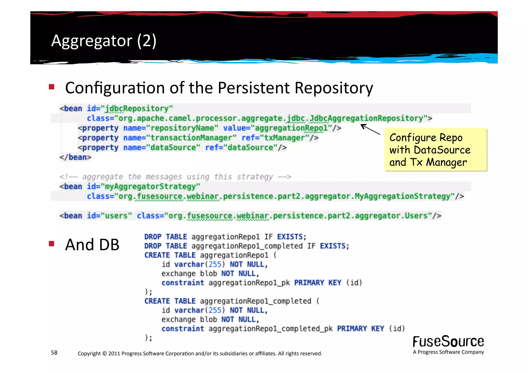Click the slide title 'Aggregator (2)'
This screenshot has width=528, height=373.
(104, 41)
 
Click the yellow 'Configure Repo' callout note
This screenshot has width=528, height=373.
(435, 150)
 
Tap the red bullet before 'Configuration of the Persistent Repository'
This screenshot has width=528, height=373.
(52, 87)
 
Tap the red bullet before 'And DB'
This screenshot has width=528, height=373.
(52, 244)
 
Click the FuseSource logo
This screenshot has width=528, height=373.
(448, 342)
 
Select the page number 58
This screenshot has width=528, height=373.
(54, 353)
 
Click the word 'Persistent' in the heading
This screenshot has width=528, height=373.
(254, 88)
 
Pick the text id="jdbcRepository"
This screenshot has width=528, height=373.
(130, 109)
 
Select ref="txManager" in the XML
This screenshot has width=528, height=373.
(275, 138)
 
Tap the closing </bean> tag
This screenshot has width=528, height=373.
(75, 157)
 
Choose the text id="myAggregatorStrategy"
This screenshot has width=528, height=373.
(143, 186)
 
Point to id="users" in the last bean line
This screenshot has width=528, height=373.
(109, 216)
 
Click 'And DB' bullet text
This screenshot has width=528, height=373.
(92, 244)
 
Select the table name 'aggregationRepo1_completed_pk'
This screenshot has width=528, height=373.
(270, 329)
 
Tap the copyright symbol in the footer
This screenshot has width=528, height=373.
(104, 353)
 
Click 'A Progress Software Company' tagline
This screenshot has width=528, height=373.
(448, 352)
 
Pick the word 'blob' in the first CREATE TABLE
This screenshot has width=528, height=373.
(208, 273)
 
